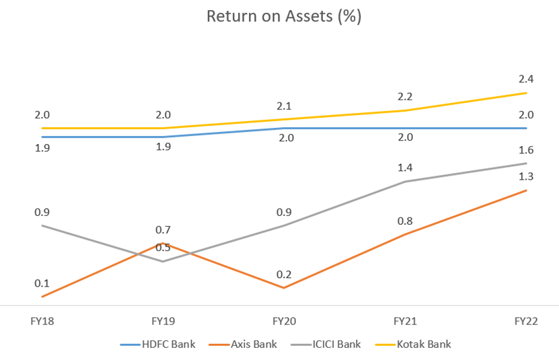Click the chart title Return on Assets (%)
pos(284,16)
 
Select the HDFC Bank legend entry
pos(168,344)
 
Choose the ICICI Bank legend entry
pos(336,344)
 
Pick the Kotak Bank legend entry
pos(424,344)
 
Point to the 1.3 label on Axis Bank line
pos(526,176)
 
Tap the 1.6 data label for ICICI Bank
pos(526,149)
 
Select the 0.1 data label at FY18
pos(42,283)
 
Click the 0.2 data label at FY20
pos(285,274)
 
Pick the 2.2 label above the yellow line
pos(405,96)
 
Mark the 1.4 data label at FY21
pos(405,168)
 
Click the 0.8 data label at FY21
pos(405,221)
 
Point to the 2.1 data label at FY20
pos(285,106)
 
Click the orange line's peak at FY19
pos(163,244)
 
